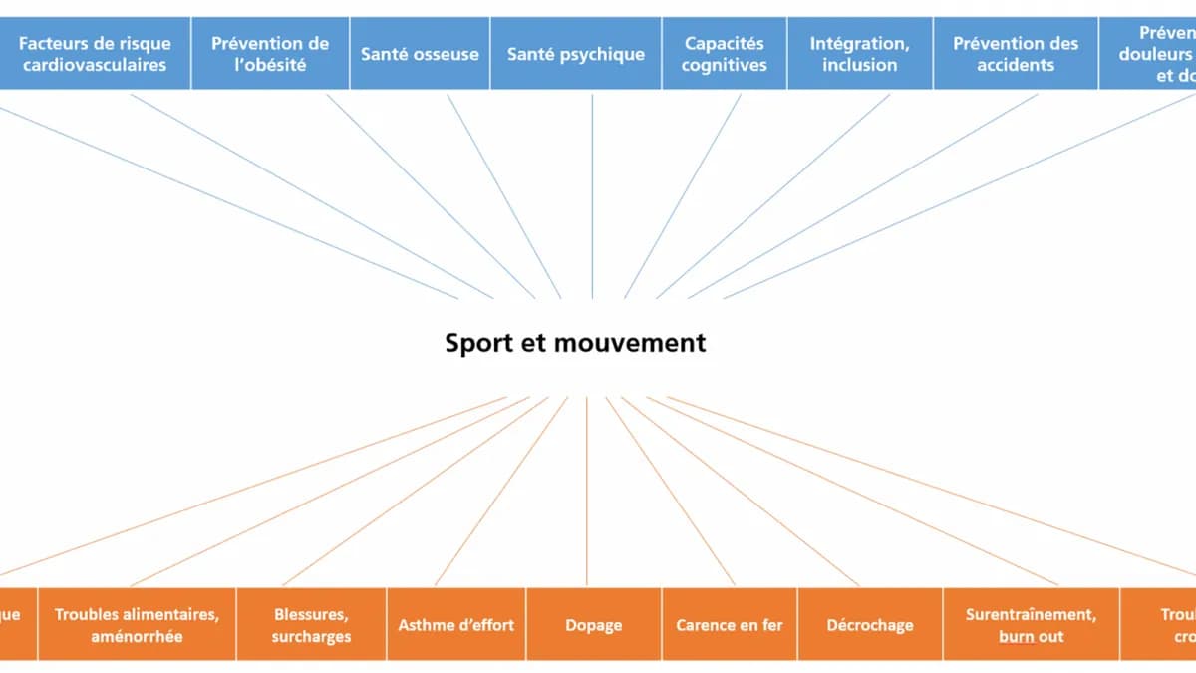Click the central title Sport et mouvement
click(575, 343)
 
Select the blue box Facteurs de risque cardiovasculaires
click(95, 54)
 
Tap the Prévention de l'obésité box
click(270, 54)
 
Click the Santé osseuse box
click(420, 54)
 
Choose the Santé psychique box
click(576, 54)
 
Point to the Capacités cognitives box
click(725, 54)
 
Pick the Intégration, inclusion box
click(860, 54)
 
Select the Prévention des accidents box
click(1016, 54)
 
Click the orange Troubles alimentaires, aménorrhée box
click(137, 625)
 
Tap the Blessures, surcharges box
click(311, 625)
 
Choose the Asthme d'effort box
click(456, 625)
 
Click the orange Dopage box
click(593, 625)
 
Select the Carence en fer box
click(730, 625)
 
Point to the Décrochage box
click(870, 625)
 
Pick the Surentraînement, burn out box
click(1031, 625)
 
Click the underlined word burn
click(1016, 636)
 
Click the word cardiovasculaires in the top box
click(95, 65)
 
